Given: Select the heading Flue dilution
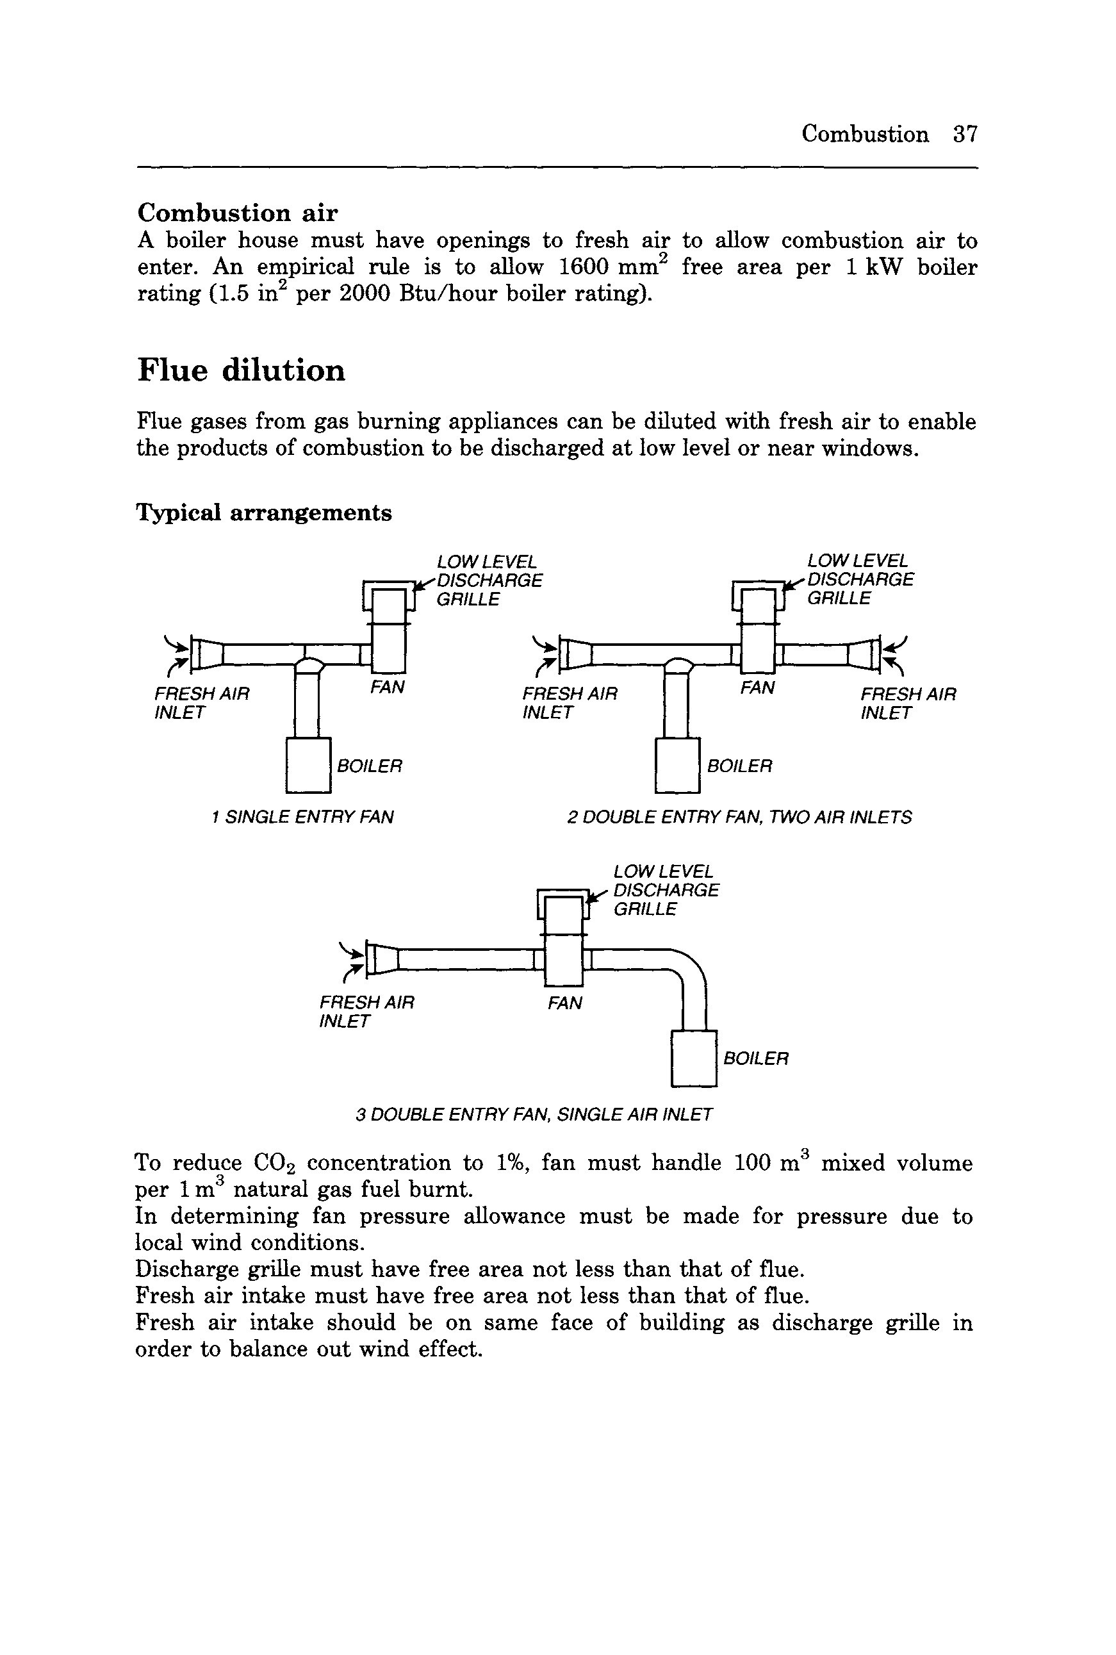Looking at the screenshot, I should click(x=242, y=370).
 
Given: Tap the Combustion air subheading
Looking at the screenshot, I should click(x=238, y=212).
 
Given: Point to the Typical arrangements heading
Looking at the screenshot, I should click(x=263, y=513).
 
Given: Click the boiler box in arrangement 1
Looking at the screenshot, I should click(x=308, y=765).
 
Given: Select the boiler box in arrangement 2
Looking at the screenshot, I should click(x=677, y=765).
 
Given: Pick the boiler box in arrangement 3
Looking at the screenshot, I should click(x=693, y=1058).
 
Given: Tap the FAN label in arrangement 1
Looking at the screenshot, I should click(x=387, y=687).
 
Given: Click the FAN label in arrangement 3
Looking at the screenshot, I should click(x=565, y=1003).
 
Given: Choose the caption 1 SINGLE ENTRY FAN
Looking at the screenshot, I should click(x=302, y=816).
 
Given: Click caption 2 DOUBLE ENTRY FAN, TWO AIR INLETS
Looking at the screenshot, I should click(x=739, y=817).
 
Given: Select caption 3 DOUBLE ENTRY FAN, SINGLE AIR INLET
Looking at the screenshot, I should click(x=534, y=1114).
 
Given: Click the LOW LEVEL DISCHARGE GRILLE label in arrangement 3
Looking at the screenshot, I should click(x=666, y=891).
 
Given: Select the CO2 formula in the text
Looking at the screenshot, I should click(x=275, y=1163).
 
